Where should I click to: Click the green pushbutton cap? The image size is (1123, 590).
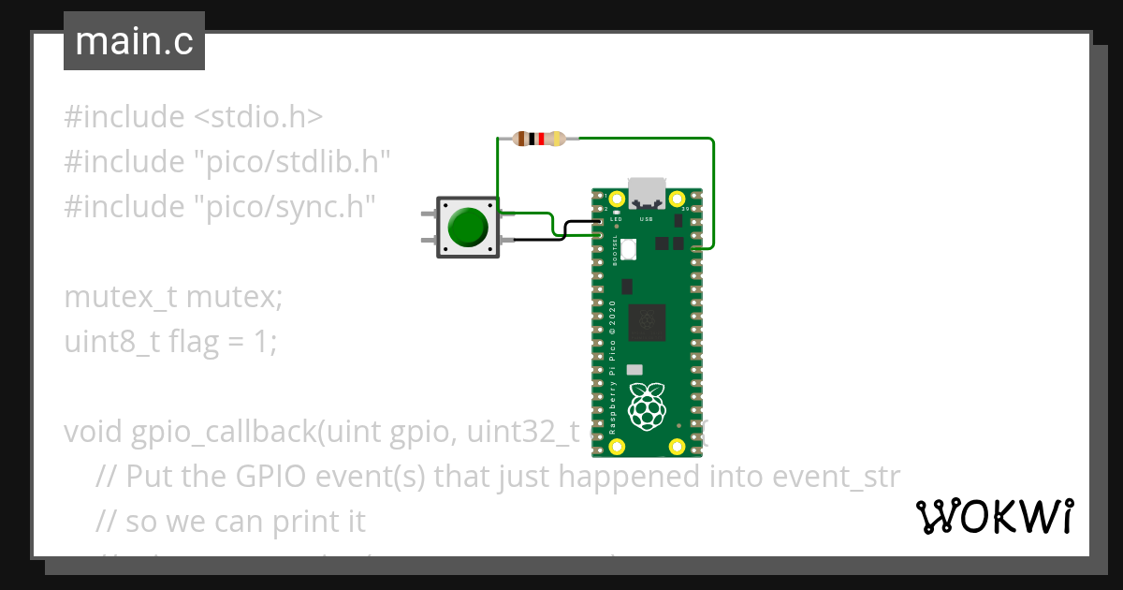pos(467,227)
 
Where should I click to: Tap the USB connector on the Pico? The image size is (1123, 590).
pos(647,193)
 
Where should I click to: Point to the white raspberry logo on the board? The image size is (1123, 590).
pos(646,405)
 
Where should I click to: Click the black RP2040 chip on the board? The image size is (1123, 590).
pos(647,323)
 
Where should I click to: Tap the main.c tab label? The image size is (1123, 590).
pos(134,42)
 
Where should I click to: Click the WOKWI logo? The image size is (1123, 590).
pos(994,517)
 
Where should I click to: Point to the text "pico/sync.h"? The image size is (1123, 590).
pos(284,206)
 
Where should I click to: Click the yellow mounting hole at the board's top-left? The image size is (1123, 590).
pos(615,199)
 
